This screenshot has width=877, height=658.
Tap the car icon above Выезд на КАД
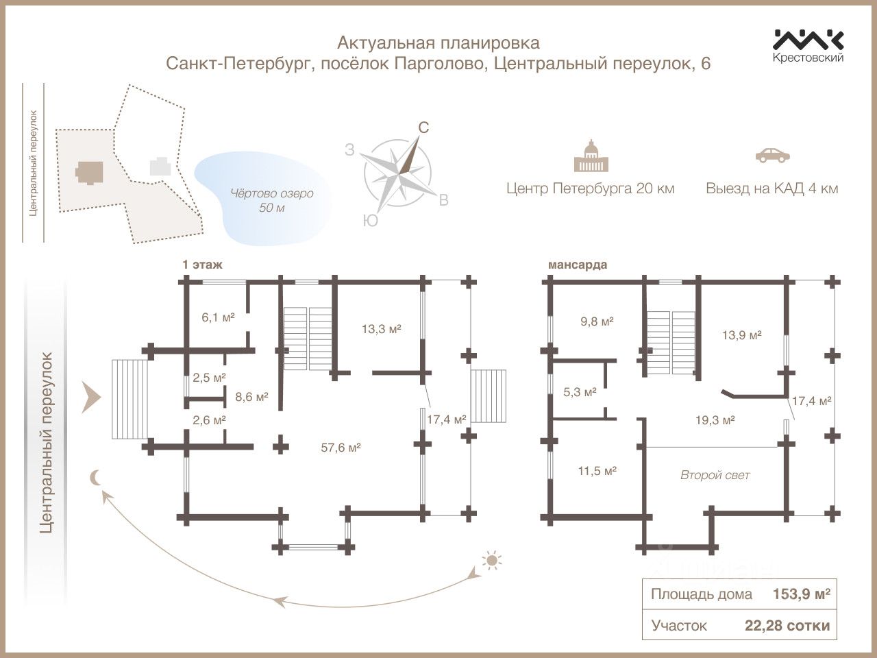tap(771, 155)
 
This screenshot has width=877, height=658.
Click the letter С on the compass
tap(423, 127)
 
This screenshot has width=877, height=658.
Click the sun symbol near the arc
tap(491, 561)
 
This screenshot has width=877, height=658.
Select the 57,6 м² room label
tap(341, 448)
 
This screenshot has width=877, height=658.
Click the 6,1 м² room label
tap(218, 317)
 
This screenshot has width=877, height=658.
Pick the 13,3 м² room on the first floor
tap(381, 328)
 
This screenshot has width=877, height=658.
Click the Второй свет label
tap(715, 475)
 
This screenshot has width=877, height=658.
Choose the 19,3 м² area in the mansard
tap(715, 420)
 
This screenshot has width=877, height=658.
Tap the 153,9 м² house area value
tap(801, 595)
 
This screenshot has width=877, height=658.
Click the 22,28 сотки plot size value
tap(787, 625)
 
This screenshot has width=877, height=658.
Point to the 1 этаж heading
tap(202, 265)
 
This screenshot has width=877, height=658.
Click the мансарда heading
tap(577, 265)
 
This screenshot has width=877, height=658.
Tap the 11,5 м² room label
tap(596, 471)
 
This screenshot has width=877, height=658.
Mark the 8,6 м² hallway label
tap(251, 396)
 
